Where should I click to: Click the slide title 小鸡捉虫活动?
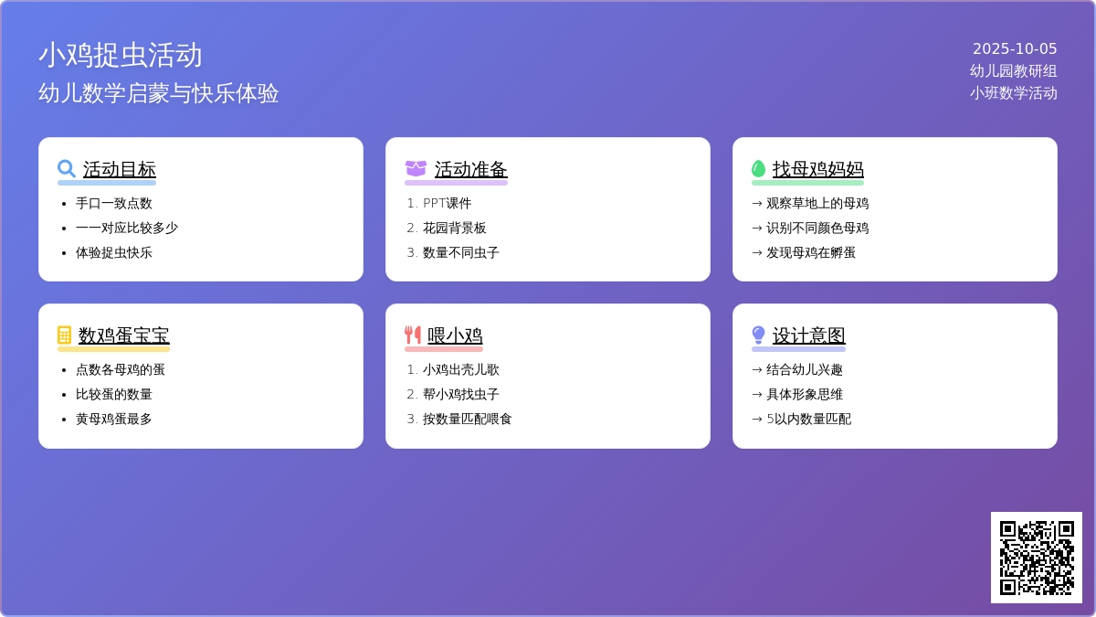(x=121, y=55)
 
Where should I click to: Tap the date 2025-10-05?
(x=1015, y=49)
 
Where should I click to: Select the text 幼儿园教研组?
(x=1013, y=71)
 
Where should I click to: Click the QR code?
(x=1037, y=558)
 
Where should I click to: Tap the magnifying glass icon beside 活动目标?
(x=66, y=169)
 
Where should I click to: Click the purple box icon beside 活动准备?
(x=416, y=169)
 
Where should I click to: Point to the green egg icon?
(x=758, y=169)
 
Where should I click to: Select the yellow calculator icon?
(x=64, y=335)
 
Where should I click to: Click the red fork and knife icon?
(x=413, y=335)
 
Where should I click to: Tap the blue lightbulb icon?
(x=758, y=335)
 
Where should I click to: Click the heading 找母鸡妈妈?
(x=818, y=169)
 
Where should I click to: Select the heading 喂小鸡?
(x=455, y=336)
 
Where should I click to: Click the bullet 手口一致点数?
(x=114, y=203)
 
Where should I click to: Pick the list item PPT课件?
(x=448, y=203)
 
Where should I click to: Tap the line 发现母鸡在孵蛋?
(x=811, y=252)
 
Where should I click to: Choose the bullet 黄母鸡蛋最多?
(x=114, y=420)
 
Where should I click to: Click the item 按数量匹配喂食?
(x=468, y=420)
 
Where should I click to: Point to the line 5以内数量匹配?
(x=809, y=420)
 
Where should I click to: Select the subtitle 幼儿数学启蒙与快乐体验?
(x=159, y=93)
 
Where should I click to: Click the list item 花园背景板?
(x=455, y=228)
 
